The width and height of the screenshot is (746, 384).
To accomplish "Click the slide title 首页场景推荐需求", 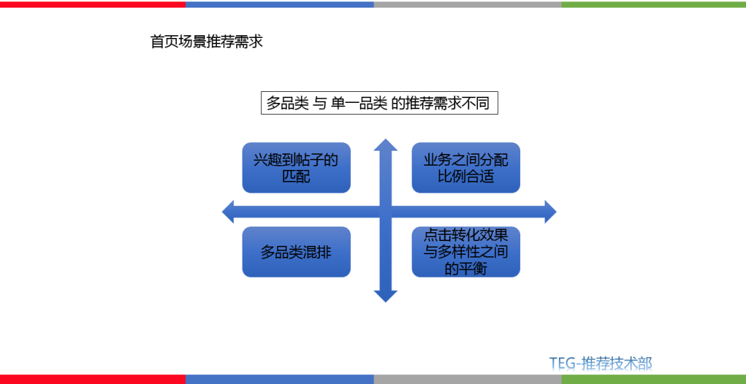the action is pyautogui.click(x=207, y=41).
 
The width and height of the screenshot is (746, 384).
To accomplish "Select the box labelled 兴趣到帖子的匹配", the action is pyautogui.click(x=296, y=168).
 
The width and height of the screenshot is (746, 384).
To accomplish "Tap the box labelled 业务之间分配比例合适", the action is pyautogui.click(x=466, y=168).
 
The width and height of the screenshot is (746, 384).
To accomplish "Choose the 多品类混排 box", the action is pyautogui.click(x=296, y=252).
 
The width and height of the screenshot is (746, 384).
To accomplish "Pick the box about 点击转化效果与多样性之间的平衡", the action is pyautogui.click(x=466, y=252).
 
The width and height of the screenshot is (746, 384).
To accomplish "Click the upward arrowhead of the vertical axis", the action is pyautogui.click(x=385, y=145).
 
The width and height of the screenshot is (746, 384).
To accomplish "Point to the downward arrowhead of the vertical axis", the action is pyautogui.click(x=385, y=296).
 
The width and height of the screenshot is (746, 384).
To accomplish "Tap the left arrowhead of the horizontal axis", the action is pyautogui.click(x=229, y=211).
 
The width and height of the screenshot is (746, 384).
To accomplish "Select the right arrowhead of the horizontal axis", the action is pyautogui.click(x=549, y=211).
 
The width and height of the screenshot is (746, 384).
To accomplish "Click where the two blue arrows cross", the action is pyautogui.click(x=385, y=211).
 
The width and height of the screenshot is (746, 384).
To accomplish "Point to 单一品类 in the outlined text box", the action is pyautogui.click(x=358, y=104).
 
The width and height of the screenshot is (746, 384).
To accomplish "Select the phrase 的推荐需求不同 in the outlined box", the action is pyautogui.click(x=441, y=104).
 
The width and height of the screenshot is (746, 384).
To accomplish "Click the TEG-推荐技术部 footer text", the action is pyautogui.click(x=600, y=363).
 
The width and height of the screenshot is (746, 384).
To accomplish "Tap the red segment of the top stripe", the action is pyautogui.click(x=93, y=4).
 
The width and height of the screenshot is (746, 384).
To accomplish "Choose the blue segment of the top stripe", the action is pyautogui.click(x=280, y=4).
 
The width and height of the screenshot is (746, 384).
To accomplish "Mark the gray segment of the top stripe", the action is pyautogui.click(x=468, y=4).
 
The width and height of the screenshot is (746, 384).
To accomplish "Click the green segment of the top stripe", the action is pyautogui.click(x=653, y=4).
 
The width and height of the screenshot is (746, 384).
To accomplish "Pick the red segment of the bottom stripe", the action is pyautogui.click(x=93, y=379).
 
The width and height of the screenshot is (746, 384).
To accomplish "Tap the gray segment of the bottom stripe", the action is pyautogui.click(x=468, y=379).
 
